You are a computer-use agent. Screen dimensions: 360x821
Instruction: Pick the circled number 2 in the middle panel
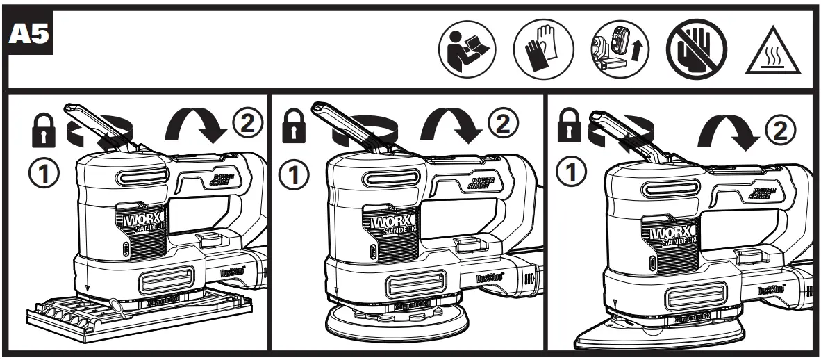click(x=507, y=124)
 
